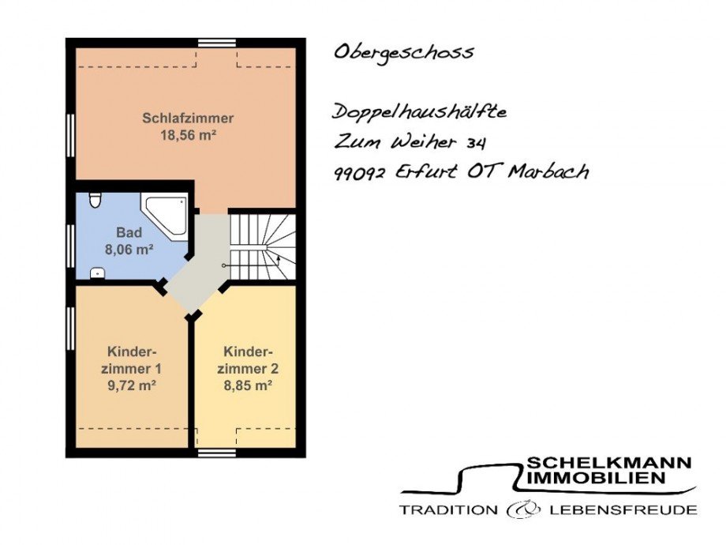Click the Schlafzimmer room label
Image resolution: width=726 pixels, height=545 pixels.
pyautogui.click(x=188, y=118)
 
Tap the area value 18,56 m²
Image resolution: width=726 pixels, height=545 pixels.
pyautogui.click(x=189, y=135)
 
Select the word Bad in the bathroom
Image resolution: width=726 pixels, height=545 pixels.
pyautogui.click(x=129, y=232)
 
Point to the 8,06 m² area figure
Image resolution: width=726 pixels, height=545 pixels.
pyautogui.click(x=129, y=250)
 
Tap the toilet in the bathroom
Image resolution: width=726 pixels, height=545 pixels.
pyautogui.click(x=95, y=200)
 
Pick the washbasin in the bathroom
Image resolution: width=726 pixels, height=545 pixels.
pyautogui.click(x=97, y=273)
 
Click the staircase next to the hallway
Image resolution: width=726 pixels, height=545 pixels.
pyautogui.click(x=263, y=246)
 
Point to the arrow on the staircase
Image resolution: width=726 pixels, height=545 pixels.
pyautogui.click(x=278, y=258)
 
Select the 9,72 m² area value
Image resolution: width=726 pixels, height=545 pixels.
pyautogui.click(x=132, y=385)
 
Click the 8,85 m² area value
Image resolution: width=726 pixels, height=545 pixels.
pyautogui.click(x=248, y=385)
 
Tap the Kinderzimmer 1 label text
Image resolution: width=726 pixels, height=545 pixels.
pyautogui.click(x=132, y=360)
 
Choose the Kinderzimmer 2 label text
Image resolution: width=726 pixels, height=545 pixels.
pyautogui.click(x=248, y=360)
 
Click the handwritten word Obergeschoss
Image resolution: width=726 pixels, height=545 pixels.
pyautogui.click(x=404, y=52)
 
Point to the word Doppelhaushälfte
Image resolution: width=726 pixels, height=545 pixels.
pyautogui.click(x=420, y=113)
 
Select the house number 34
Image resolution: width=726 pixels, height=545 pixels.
pyautogui.click(x=476, y=144)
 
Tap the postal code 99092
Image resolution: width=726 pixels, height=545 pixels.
pyautogui.click(x=359, y=175)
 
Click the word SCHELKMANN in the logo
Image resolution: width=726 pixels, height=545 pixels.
pyautogui.click(x=609, y=462)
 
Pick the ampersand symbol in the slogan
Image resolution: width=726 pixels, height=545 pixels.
pyautogui.click(x=524, y=509)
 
